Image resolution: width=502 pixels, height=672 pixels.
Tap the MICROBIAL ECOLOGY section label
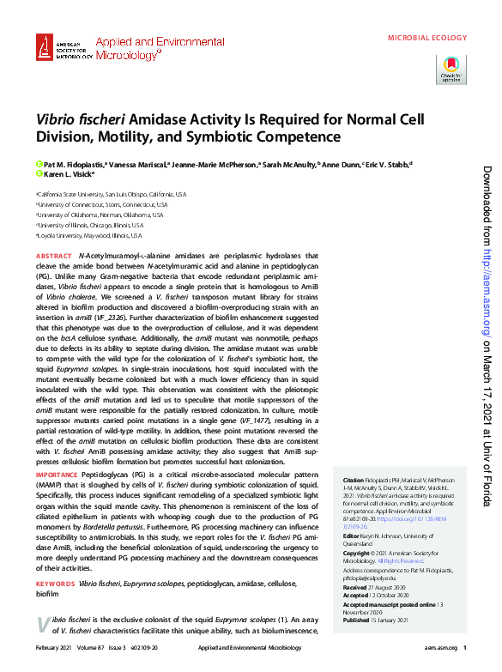click(427, 38)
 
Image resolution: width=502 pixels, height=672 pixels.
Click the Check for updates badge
click(451, 68)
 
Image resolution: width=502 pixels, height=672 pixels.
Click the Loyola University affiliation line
click(89, 235)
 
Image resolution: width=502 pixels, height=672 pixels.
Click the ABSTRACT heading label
click(53, 256)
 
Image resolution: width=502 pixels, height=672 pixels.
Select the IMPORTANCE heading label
click(57, 473)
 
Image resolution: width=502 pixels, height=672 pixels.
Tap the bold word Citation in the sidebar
click(354, 480)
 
